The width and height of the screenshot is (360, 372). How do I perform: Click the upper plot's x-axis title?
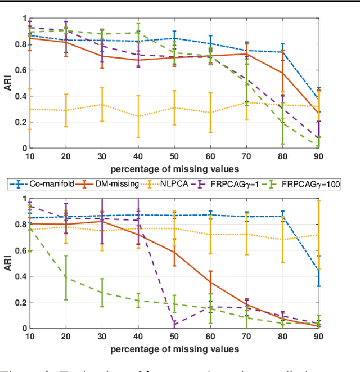(174, 169)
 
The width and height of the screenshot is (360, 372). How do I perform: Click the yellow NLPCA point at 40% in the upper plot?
(138, 116)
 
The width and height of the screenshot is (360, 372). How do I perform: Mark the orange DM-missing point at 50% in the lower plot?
(174, 252)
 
